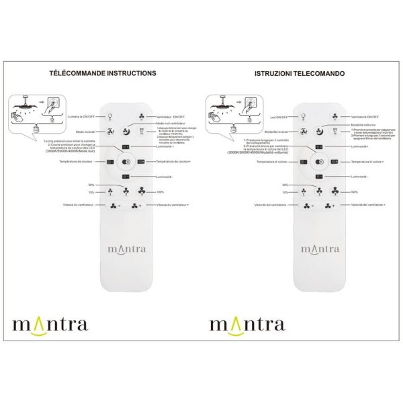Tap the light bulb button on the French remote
tap(111, 116)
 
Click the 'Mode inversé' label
tap(87, 132)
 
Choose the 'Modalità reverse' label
tap(279, 132)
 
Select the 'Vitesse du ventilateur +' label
tap(173, 206)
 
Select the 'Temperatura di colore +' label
tap(368, 162)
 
